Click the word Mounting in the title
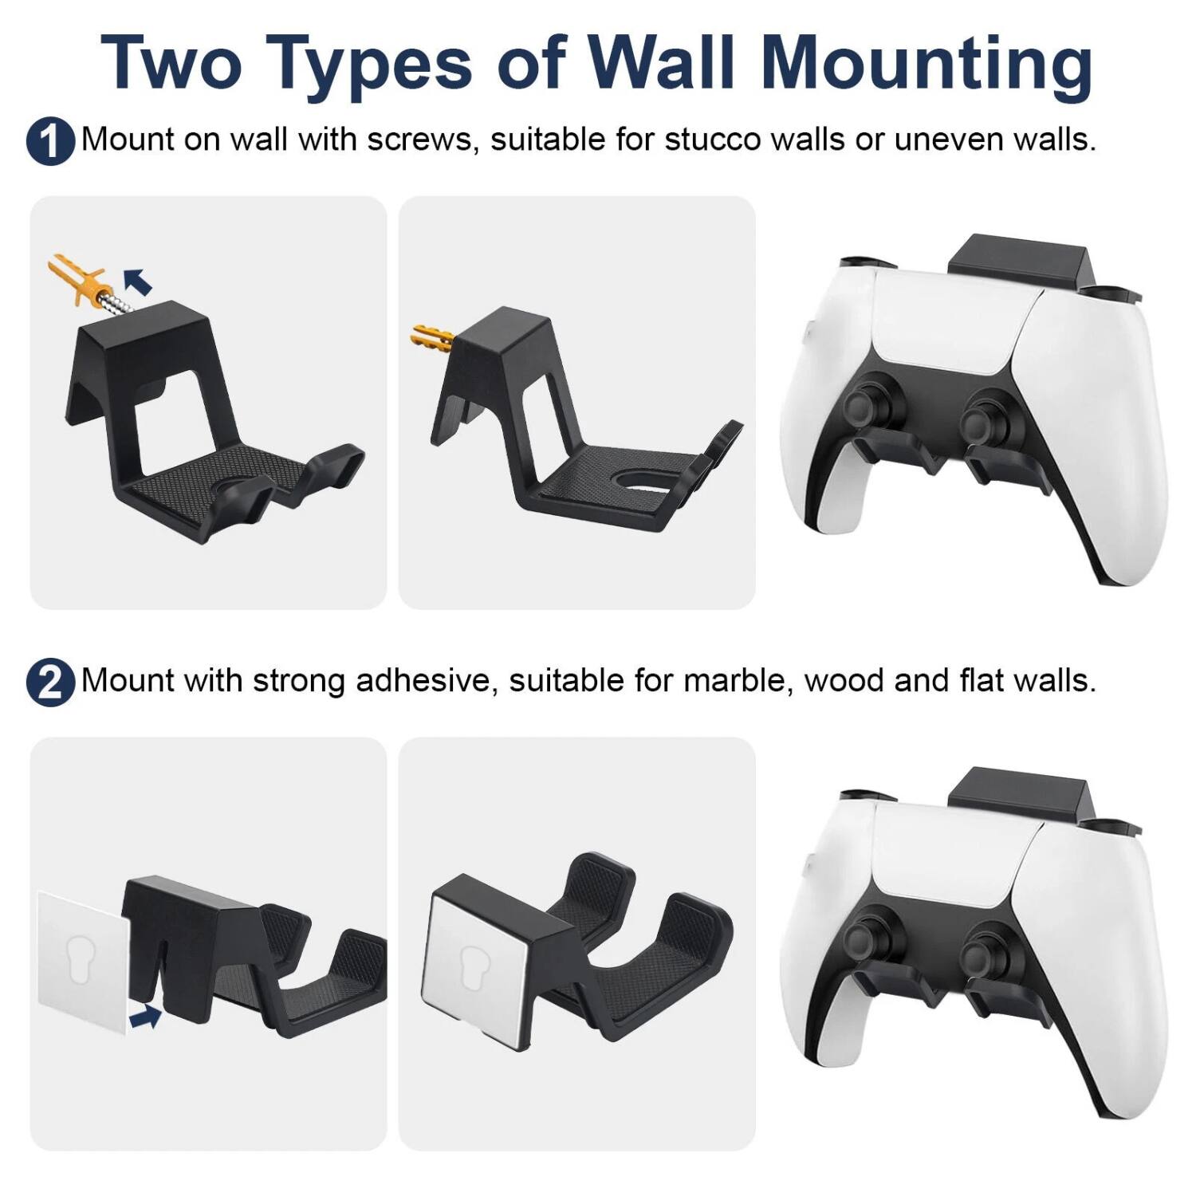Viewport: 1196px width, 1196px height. (x=927, y=64)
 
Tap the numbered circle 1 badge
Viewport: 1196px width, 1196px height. (x=50, y=142)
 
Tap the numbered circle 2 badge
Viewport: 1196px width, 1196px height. (x=50, y=683)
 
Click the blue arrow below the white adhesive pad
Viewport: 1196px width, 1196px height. (x=144, y=1016)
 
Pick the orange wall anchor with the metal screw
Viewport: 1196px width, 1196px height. (x=80, y=281)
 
